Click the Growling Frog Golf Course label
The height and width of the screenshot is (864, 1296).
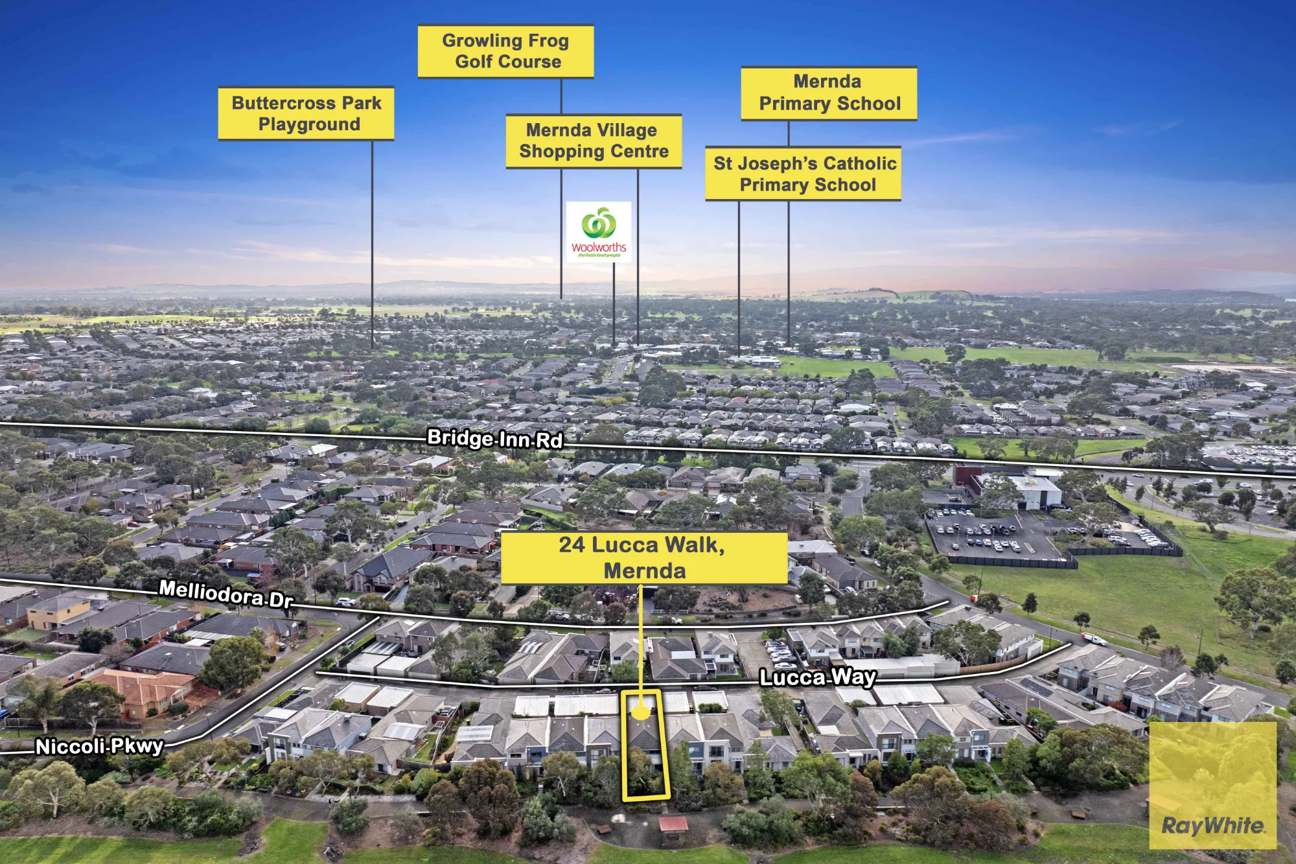505,51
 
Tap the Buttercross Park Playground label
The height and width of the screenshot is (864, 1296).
306,113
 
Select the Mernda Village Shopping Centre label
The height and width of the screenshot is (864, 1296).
594,141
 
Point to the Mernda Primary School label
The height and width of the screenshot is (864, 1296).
829,93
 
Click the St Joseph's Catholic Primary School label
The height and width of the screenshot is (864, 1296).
804,174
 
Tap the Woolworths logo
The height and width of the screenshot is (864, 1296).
599,232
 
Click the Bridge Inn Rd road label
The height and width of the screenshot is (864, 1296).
495,439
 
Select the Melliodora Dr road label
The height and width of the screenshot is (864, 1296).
226,594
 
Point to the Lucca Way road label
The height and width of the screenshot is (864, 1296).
818,678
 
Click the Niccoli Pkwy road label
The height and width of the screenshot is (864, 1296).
99,747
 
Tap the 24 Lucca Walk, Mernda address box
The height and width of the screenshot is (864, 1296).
644,558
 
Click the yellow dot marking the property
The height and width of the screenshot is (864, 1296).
640,712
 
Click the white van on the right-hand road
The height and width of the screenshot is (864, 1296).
1094,639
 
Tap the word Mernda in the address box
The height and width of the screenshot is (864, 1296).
645,571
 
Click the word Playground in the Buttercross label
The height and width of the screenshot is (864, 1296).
309,124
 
